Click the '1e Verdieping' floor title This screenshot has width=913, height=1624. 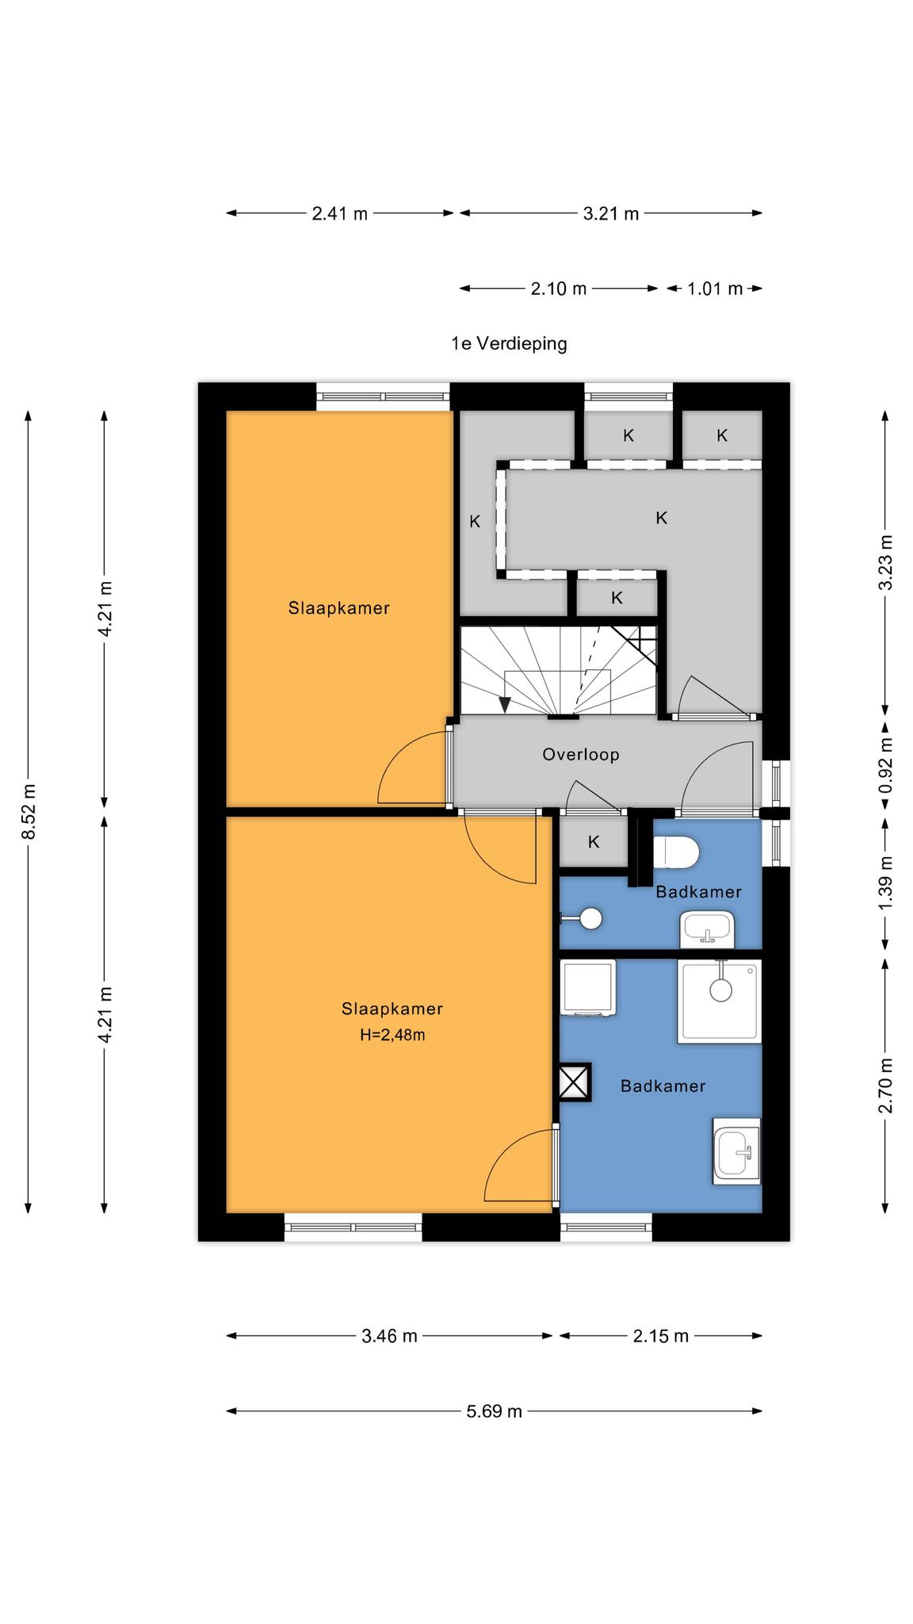(x=509, y=343)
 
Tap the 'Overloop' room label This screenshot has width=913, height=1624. (x=580, y=754)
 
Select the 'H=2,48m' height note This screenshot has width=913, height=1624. (x=392, y=1035)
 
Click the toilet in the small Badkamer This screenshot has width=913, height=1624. (x=676, y=853)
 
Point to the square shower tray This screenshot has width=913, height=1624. (x=719, y=1001)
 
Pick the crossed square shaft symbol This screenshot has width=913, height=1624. (x=575, y=1082)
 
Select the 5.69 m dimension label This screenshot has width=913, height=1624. (x=495, y=1411)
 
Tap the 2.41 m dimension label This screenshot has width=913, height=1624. (x=340, y=213)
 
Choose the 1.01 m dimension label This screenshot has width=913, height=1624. (x=715, y=289)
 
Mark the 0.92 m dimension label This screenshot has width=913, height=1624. (x=886, y=766)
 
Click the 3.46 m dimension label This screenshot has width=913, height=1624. (x=389, y=1336)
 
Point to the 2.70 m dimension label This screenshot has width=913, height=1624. (x=886, y=1086)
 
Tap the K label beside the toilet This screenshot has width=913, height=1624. (x=594, y=842)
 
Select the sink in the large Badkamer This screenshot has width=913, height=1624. (x=736, y=1151)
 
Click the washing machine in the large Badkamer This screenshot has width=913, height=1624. (x=588, y=987)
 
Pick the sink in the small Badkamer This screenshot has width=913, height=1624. (x=708, y=929)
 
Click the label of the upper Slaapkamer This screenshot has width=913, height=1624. (x=338, y=608)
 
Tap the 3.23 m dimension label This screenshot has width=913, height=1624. (x=886, y=562)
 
